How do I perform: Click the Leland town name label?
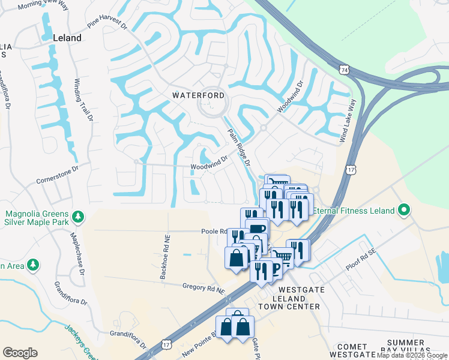[67, 38]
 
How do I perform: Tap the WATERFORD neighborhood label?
[199, 95]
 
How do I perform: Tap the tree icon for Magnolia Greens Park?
[77, 217]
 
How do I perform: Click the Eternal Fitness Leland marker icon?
[405, 210]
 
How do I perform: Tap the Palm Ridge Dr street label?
[238, 148]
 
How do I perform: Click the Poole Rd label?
[213, 231]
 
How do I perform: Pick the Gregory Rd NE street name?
[204, 289]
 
